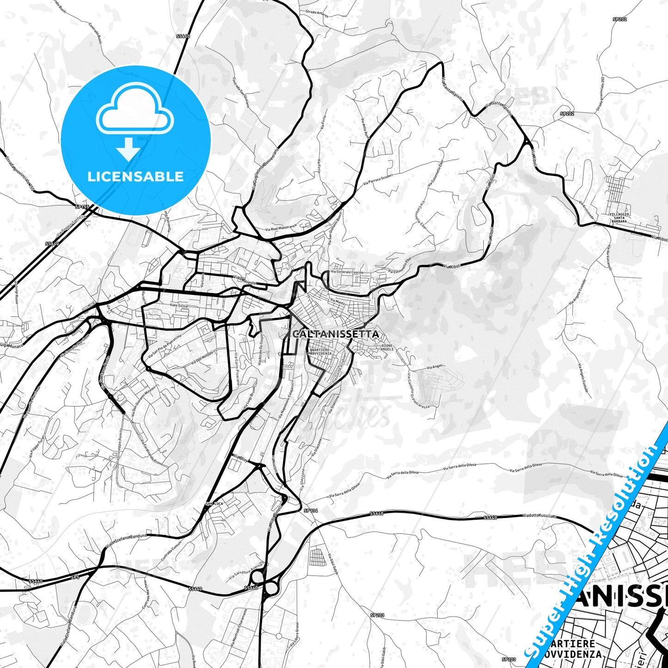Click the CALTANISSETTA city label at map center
(x=336, y=334)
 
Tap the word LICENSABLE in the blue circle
(x=135, y=177)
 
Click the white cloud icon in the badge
(x=135, y=111)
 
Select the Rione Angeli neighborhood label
(x=387, y=347)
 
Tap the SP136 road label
(x=311, y=511)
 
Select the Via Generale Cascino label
(x=347, y=272)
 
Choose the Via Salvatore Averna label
(x=246, y=572)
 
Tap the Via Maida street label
(x=337, y=301)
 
